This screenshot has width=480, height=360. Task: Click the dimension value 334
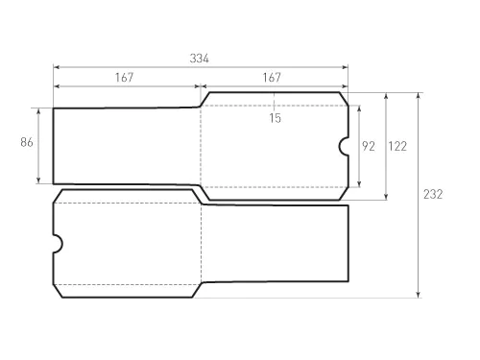point(199,59)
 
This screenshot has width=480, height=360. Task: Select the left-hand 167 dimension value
point(124,78)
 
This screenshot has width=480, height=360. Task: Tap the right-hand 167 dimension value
point(272,78)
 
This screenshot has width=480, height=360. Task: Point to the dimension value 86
point(27,142)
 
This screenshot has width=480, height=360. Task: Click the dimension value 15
point(275,118)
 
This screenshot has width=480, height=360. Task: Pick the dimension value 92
point(369,146)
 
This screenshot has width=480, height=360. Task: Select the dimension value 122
point(397,146)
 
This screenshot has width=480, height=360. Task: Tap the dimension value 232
point(433,194)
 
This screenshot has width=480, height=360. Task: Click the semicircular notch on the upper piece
point(340,147)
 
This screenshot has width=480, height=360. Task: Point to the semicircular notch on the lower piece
point(61,244)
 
